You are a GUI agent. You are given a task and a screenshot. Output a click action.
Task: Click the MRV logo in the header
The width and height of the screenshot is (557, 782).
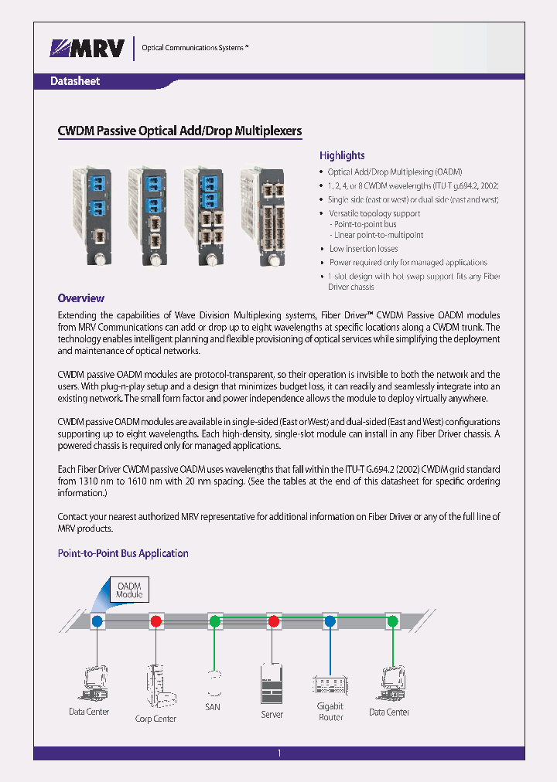[x=87, y=49]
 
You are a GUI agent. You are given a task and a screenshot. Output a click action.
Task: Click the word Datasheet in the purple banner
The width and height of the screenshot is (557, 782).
[x=75, y=81]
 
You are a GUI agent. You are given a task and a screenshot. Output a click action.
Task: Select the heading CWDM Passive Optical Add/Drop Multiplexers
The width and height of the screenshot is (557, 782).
[x=179, y=131]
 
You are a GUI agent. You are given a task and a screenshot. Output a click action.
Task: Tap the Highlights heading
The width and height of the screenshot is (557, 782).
[x=342, y=155]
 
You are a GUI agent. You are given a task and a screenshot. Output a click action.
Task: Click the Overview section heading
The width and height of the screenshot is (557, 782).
[x=81, y=298]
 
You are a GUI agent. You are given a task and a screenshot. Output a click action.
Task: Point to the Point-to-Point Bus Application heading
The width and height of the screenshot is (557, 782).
[x=124, y=553]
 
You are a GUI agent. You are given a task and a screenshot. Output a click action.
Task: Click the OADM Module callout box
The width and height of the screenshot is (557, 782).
[x=128, y=590]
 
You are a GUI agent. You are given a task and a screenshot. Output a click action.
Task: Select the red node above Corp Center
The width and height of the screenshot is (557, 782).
[x=156, y=620]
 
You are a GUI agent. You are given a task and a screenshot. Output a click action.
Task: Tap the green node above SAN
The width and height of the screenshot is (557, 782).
[x=214, y=620]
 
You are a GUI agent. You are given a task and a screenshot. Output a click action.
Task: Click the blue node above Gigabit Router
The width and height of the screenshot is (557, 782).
[x=330, y=620]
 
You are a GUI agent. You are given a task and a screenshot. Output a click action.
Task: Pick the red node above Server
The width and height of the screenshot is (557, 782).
[x=273, y=620]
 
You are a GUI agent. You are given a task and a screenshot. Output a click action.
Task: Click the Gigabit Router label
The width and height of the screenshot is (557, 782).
[x=330, y=711]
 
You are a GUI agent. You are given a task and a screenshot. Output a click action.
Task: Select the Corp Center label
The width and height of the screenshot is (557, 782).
[x=155, y=719]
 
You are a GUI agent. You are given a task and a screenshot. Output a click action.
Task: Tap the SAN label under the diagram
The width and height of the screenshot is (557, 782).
[x=213, y=707]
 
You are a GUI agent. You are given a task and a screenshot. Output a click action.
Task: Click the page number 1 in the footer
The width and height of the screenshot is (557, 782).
[x=278, y=753]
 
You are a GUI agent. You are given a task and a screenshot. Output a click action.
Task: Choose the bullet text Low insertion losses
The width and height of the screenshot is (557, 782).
[x=364, y=249]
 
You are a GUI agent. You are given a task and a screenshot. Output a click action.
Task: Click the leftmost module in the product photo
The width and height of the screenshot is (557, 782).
[x=92, y=216]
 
